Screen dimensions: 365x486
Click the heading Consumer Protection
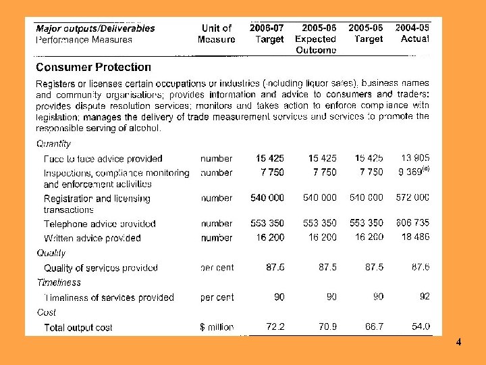point(93,67)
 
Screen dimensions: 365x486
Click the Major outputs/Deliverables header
point(95,28)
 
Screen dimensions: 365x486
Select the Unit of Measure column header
point(217,34)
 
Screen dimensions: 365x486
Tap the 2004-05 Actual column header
point(412,34)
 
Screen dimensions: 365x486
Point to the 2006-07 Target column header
point(267,34)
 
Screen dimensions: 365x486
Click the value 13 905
point(414,159)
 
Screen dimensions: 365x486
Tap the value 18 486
point(414,238)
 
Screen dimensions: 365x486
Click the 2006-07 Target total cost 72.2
point(275,327)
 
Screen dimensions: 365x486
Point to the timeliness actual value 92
point(424,297)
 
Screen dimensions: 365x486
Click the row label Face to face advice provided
point(103,159)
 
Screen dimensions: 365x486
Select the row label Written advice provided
point(92,238)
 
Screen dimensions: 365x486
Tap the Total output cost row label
point(78,328)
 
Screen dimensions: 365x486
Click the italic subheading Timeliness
point(58,283)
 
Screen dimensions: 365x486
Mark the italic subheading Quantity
point(53,144)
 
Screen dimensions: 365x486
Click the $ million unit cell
point(217,327)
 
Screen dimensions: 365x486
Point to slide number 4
point(458,343)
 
